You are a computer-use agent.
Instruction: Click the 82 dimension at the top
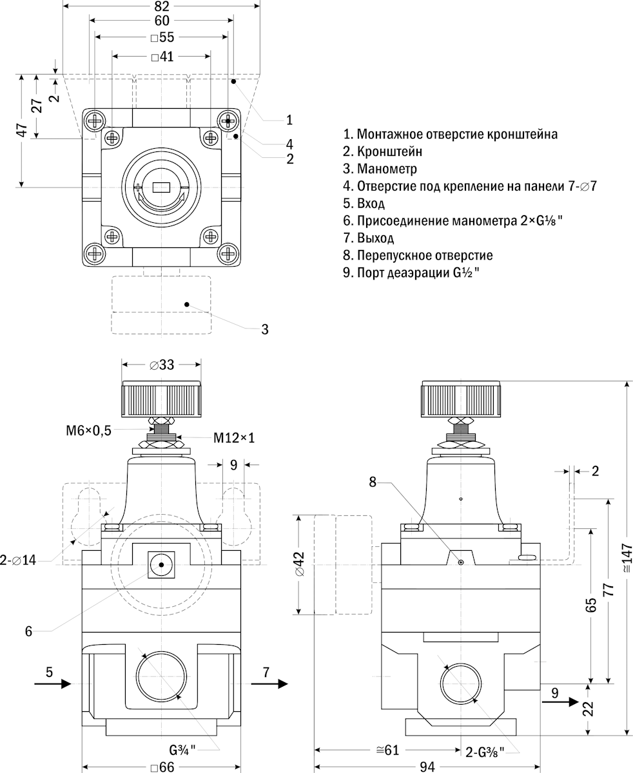162,6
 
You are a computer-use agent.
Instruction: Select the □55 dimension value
162,38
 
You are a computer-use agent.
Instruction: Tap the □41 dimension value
162,57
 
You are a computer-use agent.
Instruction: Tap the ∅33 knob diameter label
162,365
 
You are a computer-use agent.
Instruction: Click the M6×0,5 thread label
88,431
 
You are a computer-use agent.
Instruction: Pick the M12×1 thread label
235,438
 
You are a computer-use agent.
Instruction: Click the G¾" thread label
182,750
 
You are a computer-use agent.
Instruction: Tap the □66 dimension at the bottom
162,768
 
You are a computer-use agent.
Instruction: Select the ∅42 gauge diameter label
298,564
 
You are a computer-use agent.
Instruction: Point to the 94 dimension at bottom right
427,767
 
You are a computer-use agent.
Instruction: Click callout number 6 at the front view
28,631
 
